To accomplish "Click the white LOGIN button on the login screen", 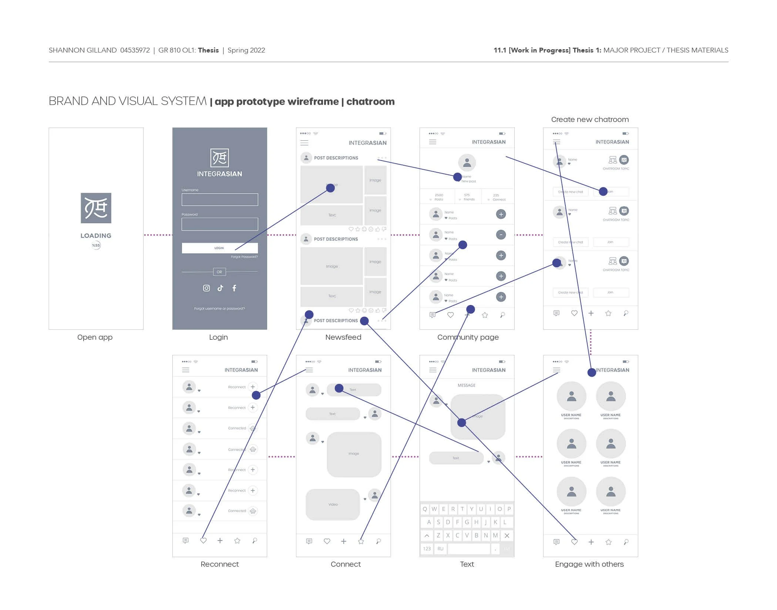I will coord(219,248).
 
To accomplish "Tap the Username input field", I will coord(219,200).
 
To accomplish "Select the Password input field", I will coord(219,224).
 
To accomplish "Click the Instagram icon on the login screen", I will coord(206,288).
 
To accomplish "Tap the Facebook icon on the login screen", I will coord(234,288).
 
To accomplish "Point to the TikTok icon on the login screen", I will coord(220,288).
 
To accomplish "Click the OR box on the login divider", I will coord(219,272).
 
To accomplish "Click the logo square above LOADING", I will coord(96,208).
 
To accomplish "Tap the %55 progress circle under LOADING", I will coord(96,245).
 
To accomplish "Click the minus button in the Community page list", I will coord(501,234).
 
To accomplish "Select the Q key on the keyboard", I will coord(425,509).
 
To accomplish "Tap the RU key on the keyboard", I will coord(440,549).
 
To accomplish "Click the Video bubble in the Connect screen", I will coord(333,504).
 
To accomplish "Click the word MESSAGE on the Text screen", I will coord(466,385).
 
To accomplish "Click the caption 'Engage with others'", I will coord(589,564).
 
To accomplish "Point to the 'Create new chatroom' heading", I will coord(590,119).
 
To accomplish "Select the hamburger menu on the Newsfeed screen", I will coord(304,143).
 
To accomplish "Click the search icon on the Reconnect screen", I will coord(255,540).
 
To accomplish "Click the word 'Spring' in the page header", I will coord(238,50).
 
